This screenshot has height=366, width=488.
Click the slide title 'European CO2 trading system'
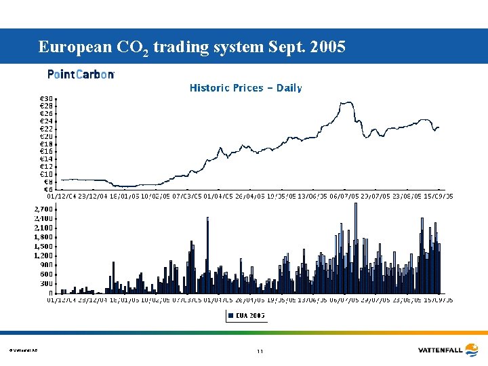point(192,47)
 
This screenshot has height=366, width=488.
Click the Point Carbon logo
point(81,75)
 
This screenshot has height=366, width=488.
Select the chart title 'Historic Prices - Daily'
point(245,88)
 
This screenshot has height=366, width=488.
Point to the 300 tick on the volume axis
point(46,283)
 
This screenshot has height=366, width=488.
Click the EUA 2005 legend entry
point(246,315)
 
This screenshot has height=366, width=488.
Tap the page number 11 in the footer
point(260,351)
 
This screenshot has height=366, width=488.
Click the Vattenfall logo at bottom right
point(449,350)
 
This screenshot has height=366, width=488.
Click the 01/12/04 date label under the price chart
point(60,197)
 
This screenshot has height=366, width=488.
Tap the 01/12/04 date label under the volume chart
point(60,299)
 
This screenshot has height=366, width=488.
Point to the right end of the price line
point(439,127)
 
